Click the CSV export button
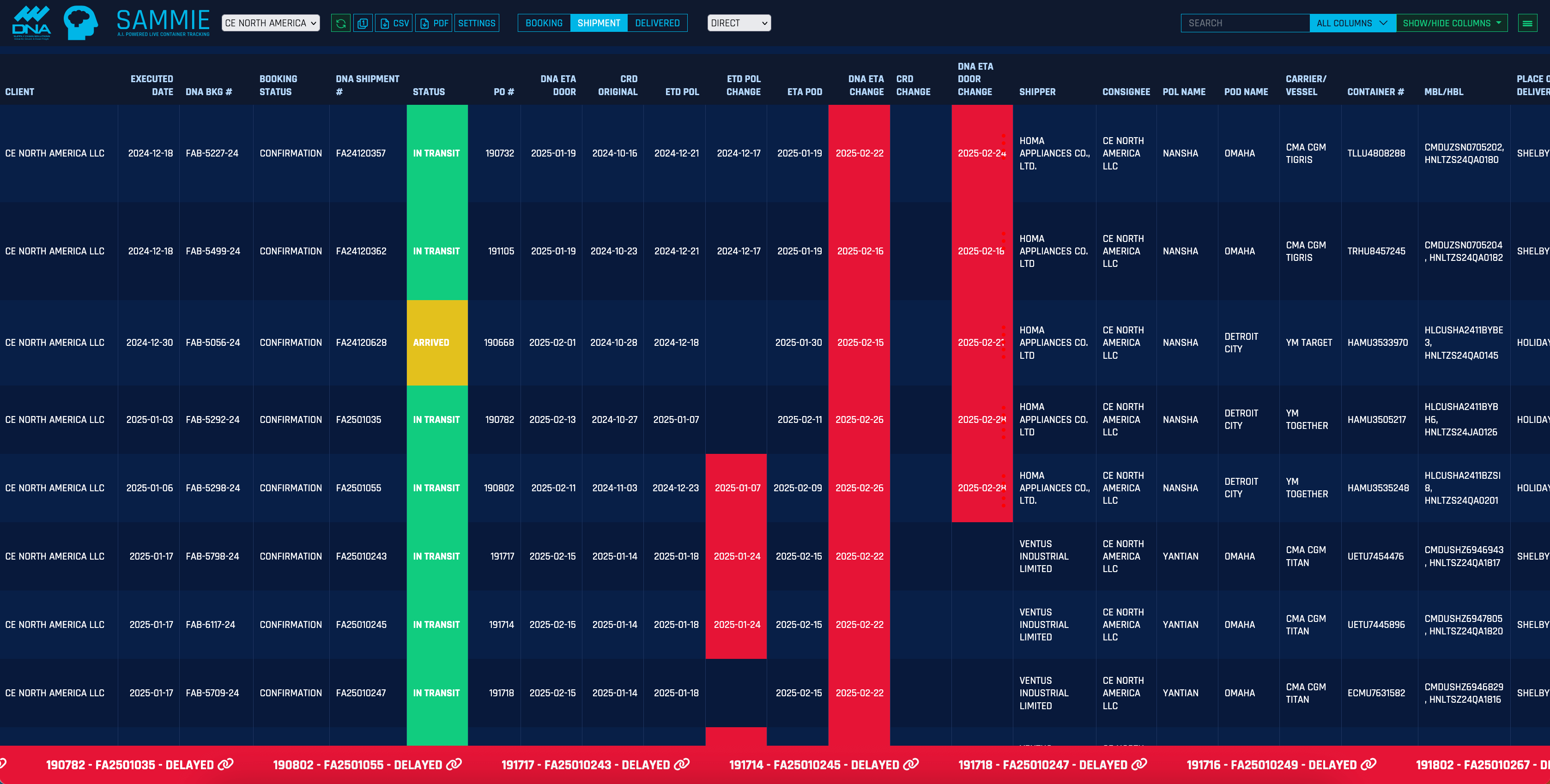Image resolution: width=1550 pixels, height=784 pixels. pos(394,23)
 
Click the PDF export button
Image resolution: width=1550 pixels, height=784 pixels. pos(434,23)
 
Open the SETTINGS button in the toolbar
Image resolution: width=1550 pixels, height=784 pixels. pos(477,23)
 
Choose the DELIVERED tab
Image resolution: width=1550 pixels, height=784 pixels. pos(657,23)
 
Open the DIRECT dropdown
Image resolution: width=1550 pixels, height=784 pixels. pos(739,23)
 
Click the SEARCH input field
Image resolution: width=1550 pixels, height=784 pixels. pos(1244,23)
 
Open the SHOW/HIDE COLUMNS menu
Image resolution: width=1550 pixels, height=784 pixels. pos(1451,23)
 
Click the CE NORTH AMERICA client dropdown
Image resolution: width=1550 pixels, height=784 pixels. pos(270,23)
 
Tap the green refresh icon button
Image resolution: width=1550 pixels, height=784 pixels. pos(340,23)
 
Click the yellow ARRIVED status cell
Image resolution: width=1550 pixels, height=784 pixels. pos(437,342)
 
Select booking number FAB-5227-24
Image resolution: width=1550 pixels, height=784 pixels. pos(212,153)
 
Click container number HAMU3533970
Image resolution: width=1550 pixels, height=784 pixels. pos(1377,342)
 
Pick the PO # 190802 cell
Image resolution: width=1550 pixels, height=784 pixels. pos(499,488)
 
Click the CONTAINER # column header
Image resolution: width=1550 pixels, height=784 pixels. pos(1375,91)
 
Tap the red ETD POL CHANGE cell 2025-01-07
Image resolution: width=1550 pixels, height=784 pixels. pos(737,488)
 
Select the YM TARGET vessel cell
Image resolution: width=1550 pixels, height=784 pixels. pos(1309,342)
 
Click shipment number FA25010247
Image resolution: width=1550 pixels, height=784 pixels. pos(361,693)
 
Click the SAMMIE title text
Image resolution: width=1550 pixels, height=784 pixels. pos(163,20)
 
